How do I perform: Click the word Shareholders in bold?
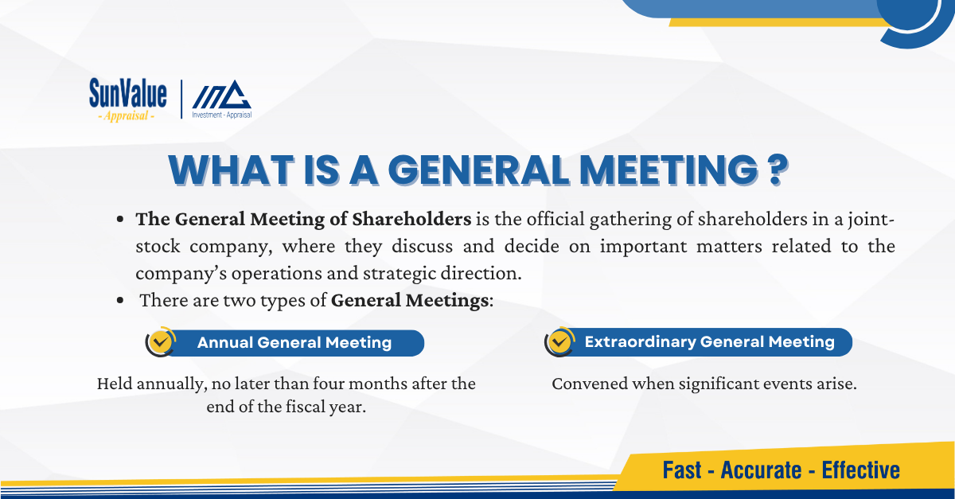(411, 219)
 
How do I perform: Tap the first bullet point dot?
(120, 220)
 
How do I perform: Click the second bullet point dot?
(120, 300)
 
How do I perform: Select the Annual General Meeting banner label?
(294, 342)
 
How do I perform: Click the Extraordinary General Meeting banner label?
(709, 341)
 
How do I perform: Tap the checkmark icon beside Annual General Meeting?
(160, 341)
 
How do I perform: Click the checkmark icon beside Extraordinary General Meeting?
(559, 341)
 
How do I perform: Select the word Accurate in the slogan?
(761, 470)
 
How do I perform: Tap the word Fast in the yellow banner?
(682, 470)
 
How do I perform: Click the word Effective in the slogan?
(861, 470)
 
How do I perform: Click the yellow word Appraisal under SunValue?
(127, 116)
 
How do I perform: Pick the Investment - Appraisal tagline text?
(222, 115)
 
